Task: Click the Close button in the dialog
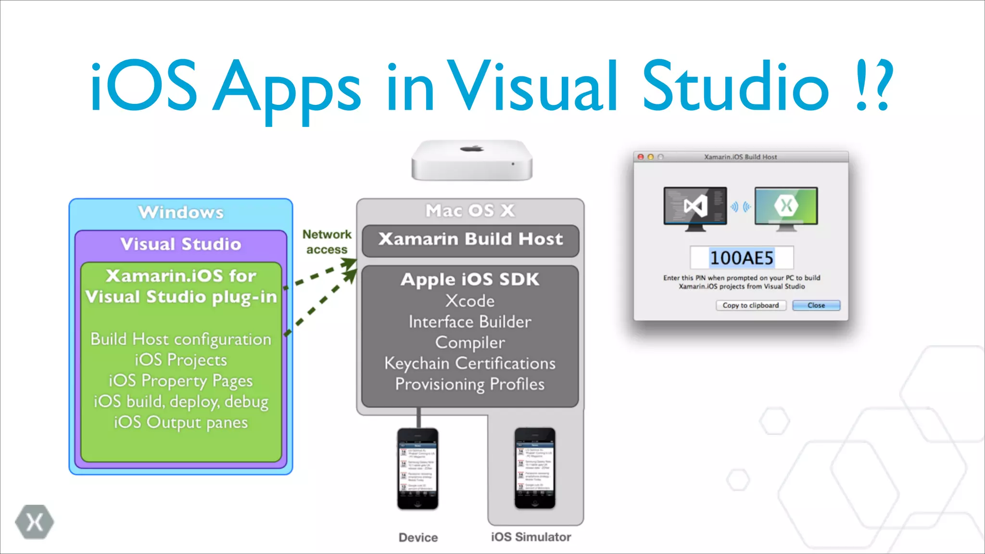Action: tap(816, 305)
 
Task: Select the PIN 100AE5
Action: tap(741, 258)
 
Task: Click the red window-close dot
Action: tap(641, 157)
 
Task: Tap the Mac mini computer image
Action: tap(472, 161)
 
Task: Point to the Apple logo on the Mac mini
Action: tap(472, 148)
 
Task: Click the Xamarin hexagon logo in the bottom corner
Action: tap(34, 522)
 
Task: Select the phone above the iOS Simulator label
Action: tap(535, 468)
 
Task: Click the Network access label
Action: tap(327, 242)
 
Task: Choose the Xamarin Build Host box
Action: tap(470, 239)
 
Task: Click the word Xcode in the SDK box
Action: tap(470, 301)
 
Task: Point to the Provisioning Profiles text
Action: tap(470, 384)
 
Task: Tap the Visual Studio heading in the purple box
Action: tap(181, 244)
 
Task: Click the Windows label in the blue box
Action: tap(181, 212)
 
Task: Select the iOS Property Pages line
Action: tap(181, 381)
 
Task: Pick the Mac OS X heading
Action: tap(470, 211)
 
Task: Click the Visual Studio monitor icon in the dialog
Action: tap(695, 208)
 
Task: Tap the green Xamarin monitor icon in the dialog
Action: tap(786, 208)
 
